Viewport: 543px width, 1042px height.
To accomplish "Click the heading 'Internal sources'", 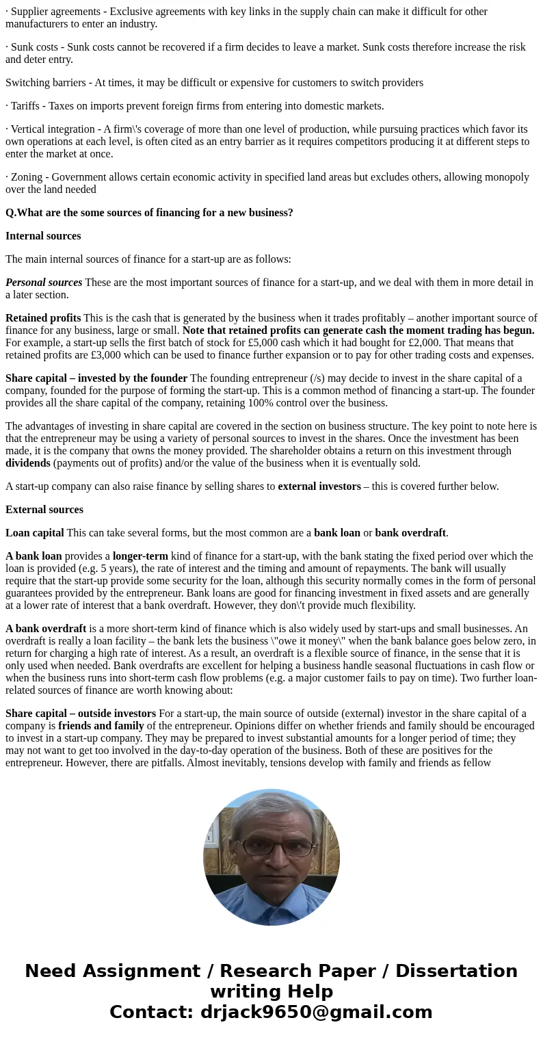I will click(x=43, y=236).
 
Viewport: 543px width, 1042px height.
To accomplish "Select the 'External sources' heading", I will click(x=44, y=510).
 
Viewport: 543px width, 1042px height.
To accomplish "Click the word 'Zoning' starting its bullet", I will click(x=28, y=177).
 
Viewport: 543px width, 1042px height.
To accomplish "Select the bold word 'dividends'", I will click(x=28, y=463).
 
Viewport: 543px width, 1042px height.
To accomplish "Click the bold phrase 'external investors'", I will click(x=319, y=486).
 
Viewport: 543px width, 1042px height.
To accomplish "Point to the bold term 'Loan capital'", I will click(x=35, y=533).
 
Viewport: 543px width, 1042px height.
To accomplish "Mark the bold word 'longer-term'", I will click(x=140, y=556).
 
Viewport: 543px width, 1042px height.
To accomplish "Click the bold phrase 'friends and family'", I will click(x=101, y=726).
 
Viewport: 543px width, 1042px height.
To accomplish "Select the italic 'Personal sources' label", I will click(x=44, y=283).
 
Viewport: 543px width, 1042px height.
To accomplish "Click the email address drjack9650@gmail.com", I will click(x=316, y=1013).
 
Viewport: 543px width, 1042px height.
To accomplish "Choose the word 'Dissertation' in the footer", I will click(x=456, y=972).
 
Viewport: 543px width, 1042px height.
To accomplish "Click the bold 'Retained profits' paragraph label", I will click(x=43, y=318).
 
